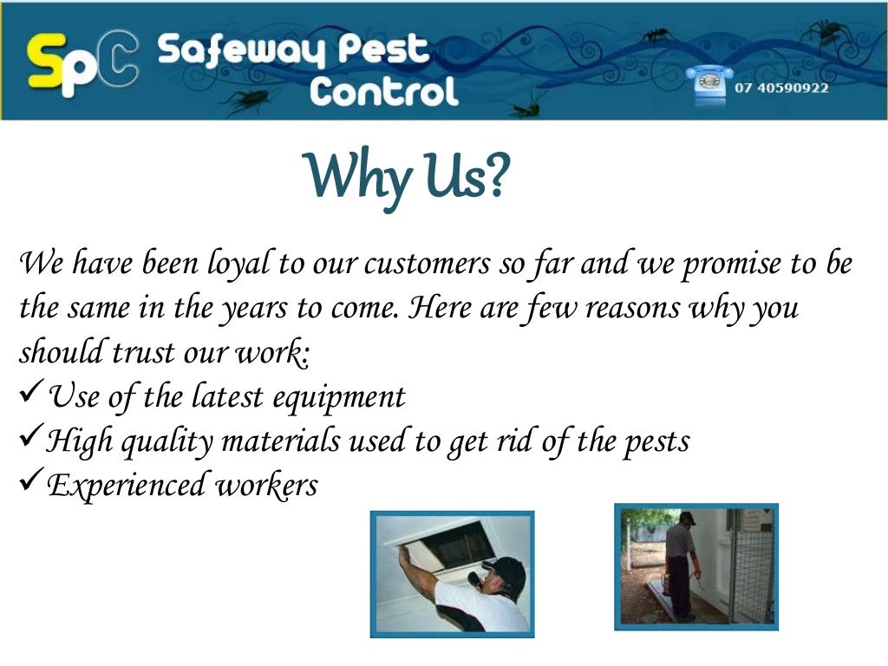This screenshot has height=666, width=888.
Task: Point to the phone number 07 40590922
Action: [x=782, y=88]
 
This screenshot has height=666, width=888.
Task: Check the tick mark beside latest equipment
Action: [x=30, y=395]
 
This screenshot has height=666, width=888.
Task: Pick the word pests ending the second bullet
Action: [x=656, y=441]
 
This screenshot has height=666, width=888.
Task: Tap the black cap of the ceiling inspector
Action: [x=505, y=571]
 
